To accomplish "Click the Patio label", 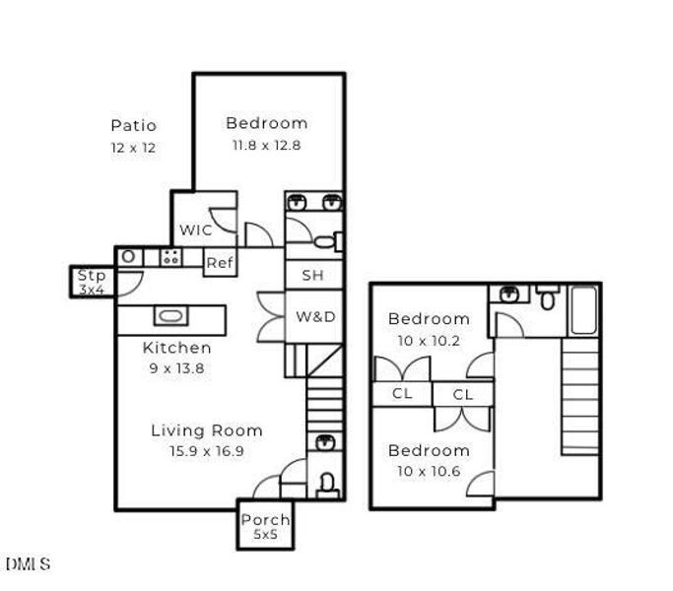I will click(x=133, y=126).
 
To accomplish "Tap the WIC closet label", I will click(x=195, y=230).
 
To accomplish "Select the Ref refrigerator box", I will click(x=219, y=263).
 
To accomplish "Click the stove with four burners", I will click(x=170, y=258).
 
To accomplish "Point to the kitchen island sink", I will click(x=170, y=317).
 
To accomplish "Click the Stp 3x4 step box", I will click(x=92, y=282).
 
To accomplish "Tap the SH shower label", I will click(x=312, y=276).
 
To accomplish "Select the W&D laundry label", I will click(x=315, y=317).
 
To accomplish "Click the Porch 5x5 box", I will click(x=265, y=525).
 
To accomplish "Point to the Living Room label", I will click(x=206, y=430).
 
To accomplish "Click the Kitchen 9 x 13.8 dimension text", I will click(x=176, y=367).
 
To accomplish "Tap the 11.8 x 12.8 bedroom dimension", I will click(x=265, y=145).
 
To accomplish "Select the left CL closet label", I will click(x=401, y=393).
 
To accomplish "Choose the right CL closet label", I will click(x=463, y=394).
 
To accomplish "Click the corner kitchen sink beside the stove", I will click(x=128, y=257).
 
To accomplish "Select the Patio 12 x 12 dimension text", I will click(x=133, y=148).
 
